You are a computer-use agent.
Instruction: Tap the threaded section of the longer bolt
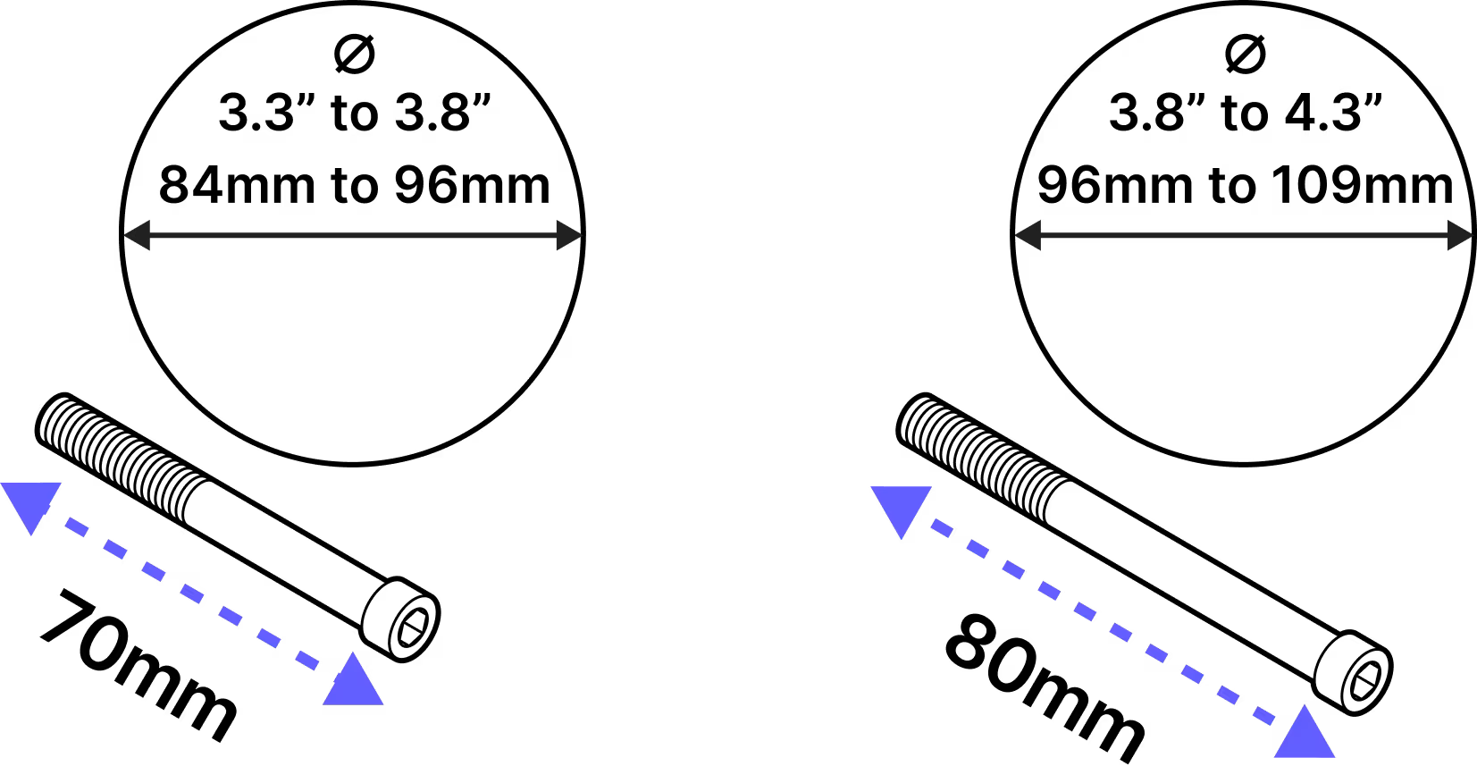(x=983, y=451)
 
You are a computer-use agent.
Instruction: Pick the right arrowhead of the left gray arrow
(x=569, y=236)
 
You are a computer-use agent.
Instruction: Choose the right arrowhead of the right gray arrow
(x=1461, y=236)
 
